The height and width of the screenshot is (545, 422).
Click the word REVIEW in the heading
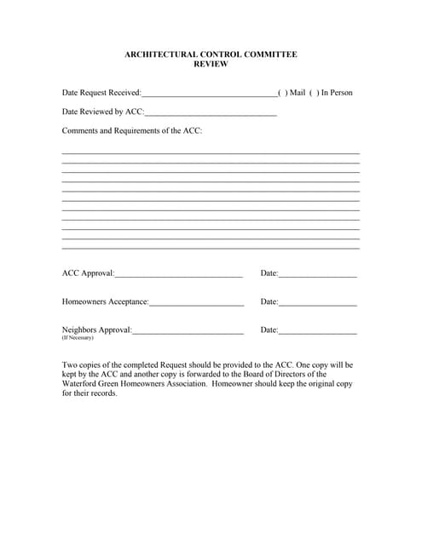[211, 65]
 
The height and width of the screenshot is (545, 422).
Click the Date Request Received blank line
[209, 95]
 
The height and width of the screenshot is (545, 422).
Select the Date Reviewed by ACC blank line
[211, 113]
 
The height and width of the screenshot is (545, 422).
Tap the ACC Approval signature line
[178, 275]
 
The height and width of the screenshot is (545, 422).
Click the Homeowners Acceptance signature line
[197, 303]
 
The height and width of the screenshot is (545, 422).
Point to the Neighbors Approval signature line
[188, 331]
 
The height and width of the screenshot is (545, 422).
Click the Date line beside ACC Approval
[317, 275]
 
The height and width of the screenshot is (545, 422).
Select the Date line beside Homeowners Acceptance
[317, 303]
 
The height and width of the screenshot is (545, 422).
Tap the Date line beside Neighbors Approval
[317, 331]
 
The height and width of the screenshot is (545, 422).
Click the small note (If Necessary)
[78, 338]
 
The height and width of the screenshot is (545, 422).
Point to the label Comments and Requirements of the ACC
[132, 131]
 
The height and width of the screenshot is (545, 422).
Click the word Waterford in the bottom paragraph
[80, 384]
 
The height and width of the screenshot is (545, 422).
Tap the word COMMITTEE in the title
[267, 54]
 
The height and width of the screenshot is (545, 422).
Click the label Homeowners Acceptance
[105, 301]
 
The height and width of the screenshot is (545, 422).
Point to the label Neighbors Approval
[96, 330]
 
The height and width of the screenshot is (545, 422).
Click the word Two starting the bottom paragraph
[70, 364]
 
